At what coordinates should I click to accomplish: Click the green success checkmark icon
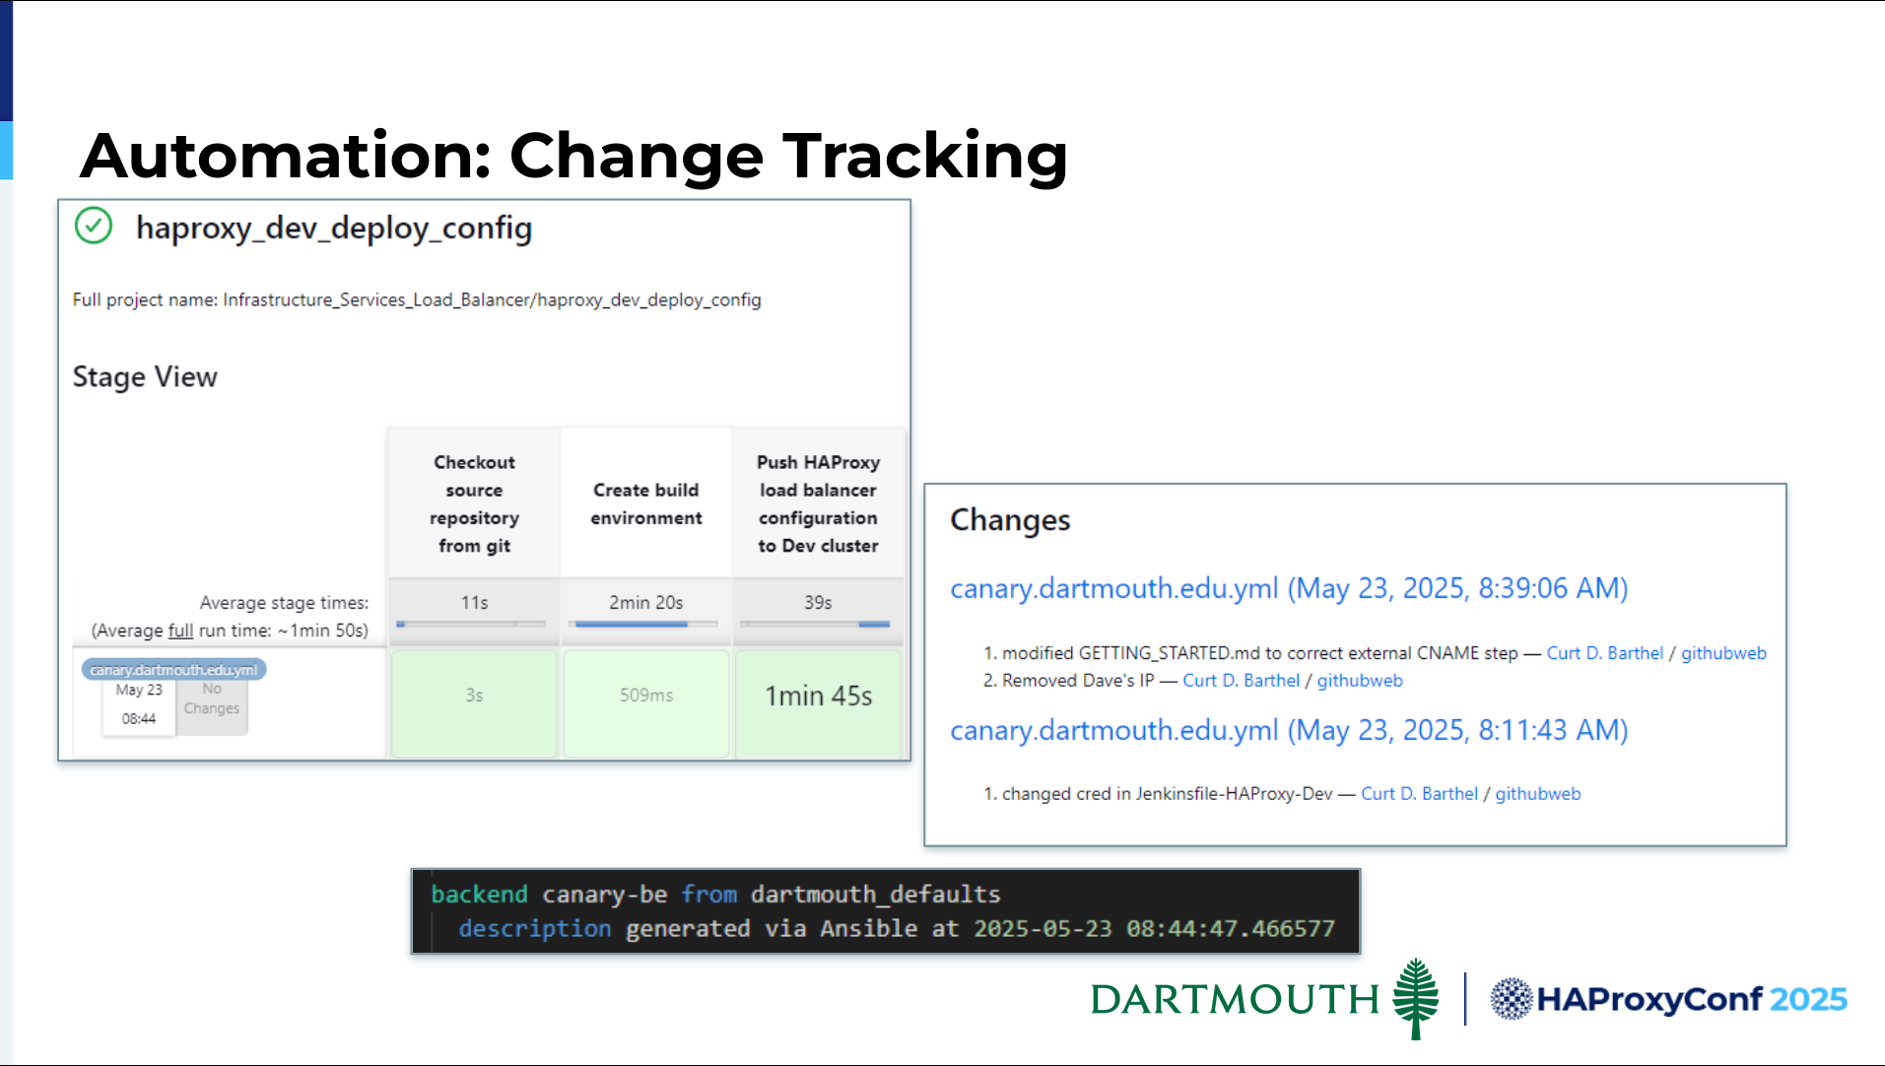pos(94,226)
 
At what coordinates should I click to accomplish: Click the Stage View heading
pos(145,376)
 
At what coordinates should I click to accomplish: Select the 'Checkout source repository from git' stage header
pos(474,503)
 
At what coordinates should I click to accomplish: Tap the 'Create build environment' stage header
pos(646,503)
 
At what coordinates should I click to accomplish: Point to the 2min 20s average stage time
pos(646,602)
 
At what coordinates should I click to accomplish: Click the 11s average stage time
pos(474,602)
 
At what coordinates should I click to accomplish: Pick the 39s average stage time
pos(818,602)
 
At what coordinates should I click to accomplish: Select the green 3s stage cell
pos(474,703)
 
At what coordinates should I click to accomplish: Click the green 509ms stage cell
pos(646,703)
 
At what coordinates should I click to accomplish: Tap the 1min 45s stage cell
pos(819,703)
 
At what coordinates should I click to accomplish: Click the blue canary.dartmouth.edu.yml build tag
pos(173,670)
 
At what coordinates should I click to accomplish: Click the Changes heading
pos(1010,520)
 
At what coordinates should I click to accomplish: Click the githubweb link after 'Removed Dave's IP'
pos(1360,681)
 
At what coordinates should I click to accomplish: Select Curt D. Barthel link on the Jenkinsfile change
pos(1419,794)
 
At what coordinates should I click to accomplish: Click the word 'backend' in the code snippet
pos(479,894)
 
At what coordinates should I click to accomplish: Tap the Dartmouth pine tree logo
pos(1416,998)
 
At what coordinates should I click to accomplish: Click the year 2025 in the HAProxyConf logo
pos(1808,999)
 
